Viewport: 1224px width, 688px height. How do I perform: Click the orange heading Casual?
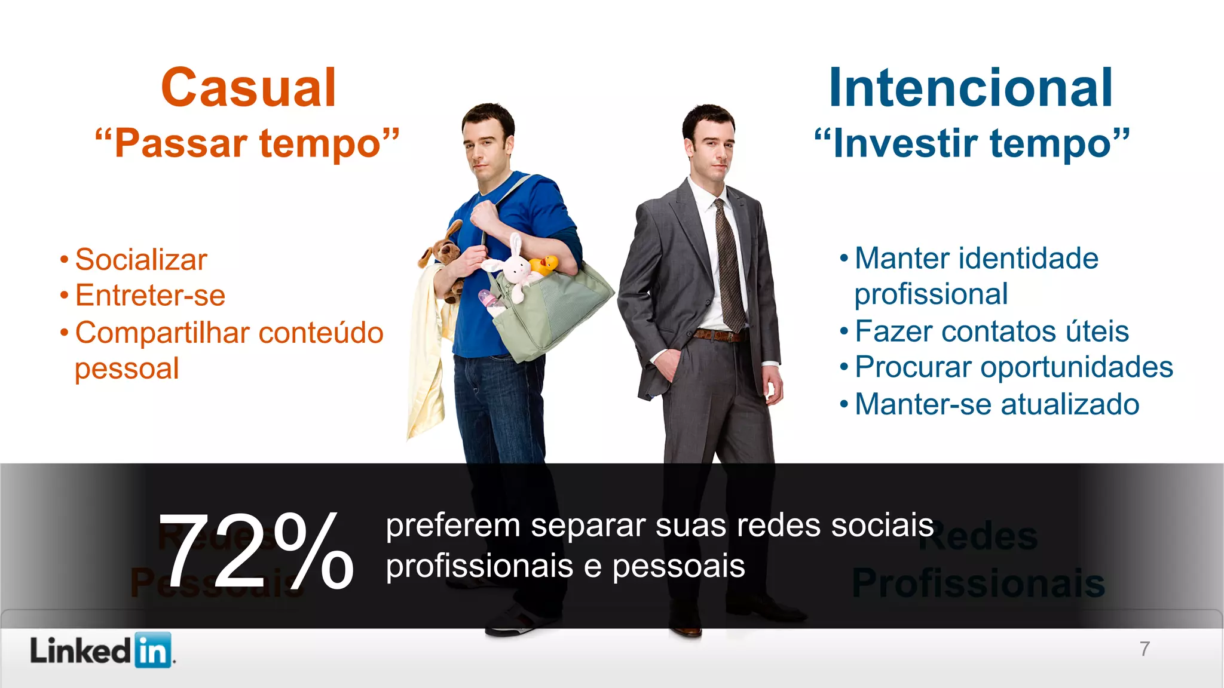tap(248, 88)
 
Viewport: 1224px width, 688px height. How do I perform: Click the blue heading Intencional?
tap(971, 88)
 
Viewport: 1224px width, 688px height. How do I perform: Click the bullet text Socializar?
tap(141, 260)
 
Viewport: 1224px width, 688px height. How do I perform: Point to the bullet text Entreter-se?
tap(150, 296)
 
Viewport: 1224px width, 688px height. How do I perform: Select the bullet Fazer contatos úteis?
tap(992, 331)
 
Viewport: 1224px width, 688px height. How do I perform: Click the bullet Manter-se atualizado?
tap(997, 404)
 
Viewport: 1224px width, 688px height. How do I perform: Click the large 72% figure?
tap(256, 551)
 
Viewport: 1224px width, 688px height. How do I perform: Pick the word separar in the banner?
tap(588, 526)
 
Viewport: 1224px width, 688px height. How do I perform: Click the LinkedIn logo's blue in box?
tap(153, 650)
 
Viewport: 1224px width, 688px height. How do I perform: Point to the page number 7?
tap(1145, 649)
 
